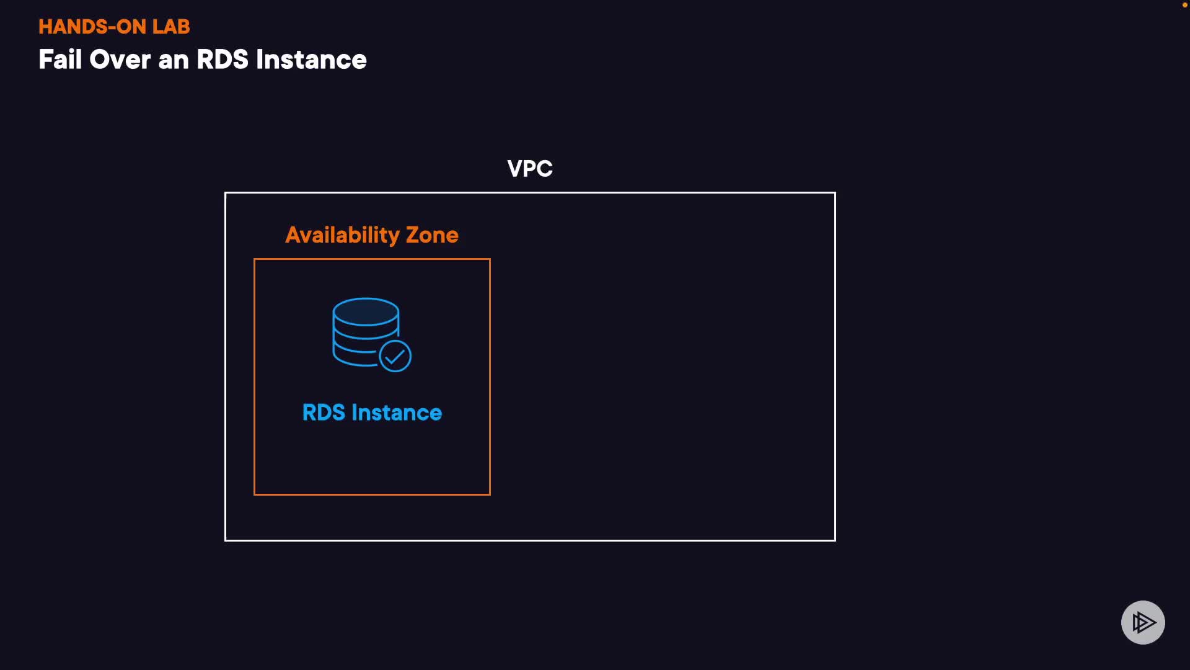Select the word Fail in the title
coord(60,60)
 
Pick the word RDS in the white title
coord(223,60)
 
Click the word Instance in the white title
coord(311,60)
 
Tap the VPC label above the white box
coord(530,169)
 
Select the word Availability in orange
coord(342,235)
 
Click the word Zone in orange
coord(432,235)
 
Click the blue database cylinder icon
coord(366,332)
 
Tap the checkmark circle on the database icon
coord(395,356)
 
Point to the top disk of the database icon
coord(366,311)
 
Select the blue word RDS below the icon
coord(324,413)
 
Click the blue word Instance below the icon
coord(397,413)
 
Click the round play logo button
coord(1143,622)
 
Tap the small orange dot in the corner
coord(1184,5)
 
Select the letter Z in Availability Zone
coord(413,235)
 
